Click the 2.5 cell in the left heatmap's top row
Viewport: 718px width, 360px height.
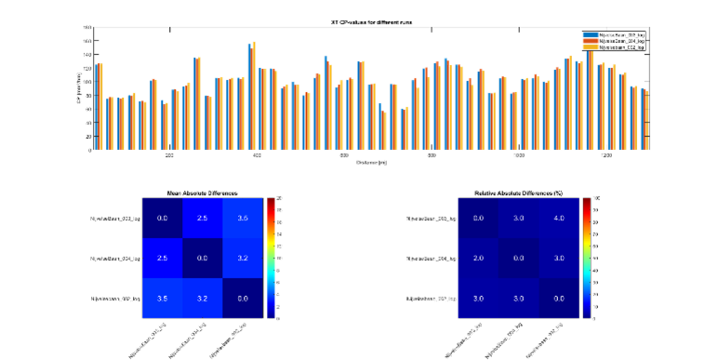tap(202, 217)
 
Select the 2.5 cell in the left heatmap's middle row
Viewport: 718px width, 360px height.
tap(162, 258)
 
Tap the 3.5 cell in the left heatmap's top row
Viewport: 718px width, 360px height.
tap(242, 217)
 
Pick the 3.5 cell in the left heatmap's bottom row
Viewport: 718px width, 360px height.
tap(162, 298)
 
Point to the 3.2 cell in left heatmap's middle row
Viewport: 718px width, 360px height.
tap(242, 258)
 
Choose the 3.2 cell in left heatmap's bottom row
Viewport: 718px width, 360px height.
tap(202, 298)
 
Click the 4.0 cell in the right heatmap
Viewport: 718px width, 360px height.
tap(558, 217)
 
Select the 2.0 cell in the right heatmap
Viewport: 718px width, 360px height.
tap(478, 258)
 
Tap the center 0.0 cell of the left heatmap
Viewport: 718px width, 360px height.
tap(202, 258)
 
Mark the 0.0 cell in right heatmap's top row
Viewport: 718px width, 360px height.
tap(478, 217)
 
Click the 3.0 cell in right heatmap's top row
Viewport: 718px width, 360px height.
tap(518, 217)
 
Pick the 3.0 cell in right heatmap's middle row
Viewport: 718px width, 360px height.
tap(558, 258)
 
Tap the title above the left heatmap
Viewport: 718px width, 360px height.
tap(202, 193)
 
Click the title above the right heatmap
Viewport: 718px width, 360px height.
tap(518, 193)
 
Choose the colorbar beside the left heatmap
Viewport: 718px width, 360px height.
tap(270, 258)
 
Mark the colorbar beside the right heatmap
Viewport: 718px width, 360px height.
tap(586, 258)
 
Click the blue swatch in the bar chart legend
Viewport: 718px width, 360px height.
tap(590, 34)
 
